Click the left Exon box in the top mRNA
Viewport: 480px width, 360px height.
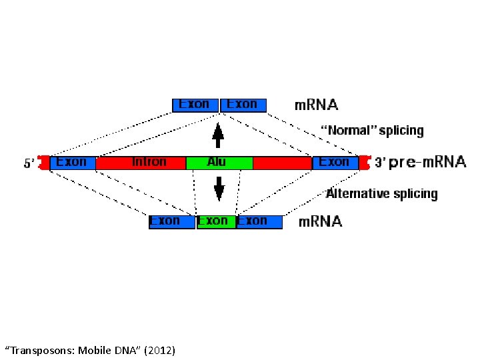pyautogui.click(x=195, y=105)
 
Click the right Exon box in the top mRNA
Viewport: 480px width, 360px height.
pyautogui.click(x=243, y=105)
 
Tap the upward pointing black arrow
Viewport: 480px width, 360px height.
pyautogui.click(x=218, y=135)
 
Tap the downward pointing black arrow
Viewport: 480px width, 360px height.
pyautogui.click(x=219, y=188)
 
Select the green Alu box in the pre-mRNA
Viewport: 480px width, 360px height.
pyautogui.click(x=219, y=162)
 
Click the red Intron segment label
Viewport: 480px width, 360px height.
pyautogui.click(x=149, y=162)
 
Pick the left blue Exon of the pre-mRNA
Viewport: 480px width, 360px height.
pyautogui.click(x=72, y=162)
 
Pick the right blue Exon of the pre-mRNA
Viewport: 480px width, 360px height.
pyautogui.click(x=335, y=162)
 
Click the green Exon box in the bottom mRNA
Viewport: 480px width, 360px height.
pyautogui.click(x=215, y=221)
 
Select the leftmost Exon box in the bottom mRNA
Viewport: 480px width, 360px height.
pyautogui.click(x=171, y=221)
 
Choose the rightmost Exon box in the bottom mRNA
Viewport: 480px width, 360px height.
pyautogui.click(x=259, y=221)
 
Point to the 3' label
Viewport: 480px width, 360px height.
pyautogui.click(x=379, y=163)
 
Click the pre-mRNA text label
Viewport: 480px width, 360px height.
pyautogui.click(x=427, y=162)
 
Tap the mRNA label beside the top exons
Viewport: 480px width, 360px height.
pyautogui.click(x=317, y=105)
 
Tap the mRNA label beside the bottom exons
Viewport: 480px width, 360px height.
pyautogui.click(x=320, y=221)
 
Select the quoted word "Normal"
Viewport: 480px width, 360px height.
pyautogui.click(x=348, y=130)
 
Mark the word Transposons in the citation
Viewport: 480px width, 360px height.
pyautogui.click(x=40, y=349)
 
